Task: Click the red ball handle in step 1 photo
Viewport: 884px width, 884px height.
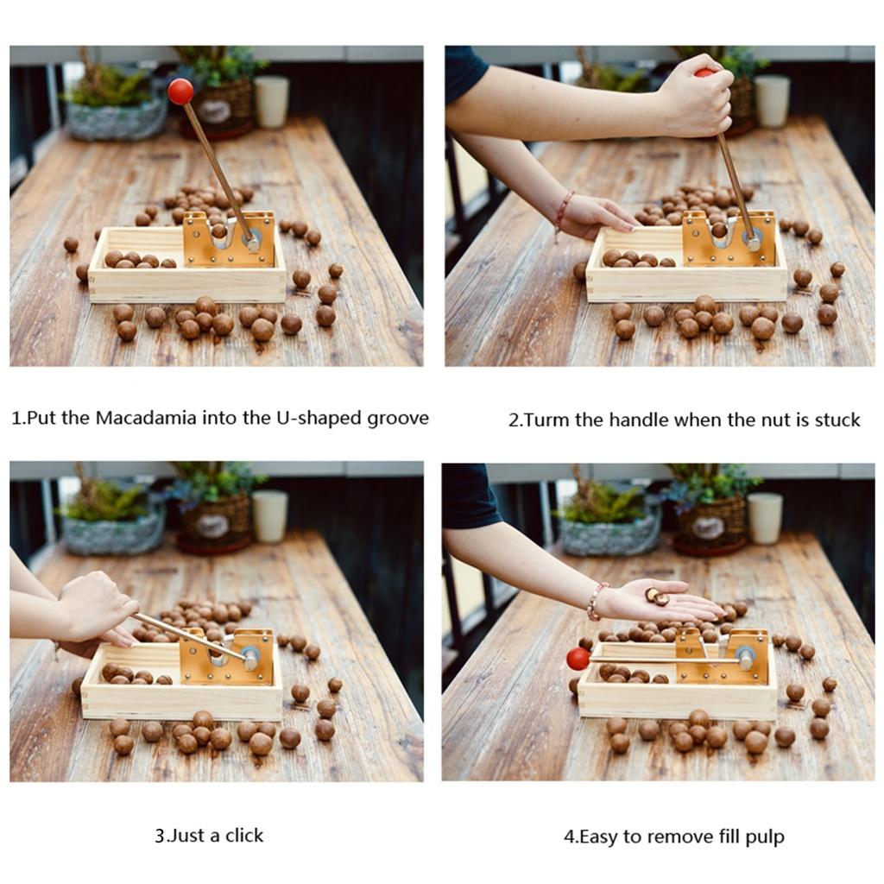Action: point(180,92)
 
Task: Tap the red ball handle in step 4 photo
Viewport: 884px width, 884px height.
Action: point(578,659)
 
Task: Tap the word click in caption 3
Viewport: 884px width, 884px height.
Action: point(244,835)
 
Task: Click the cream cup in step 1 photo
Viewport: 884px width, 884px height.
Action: point(271,102)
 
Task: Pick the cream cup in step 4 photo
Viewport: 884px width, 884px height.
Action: point(765,518)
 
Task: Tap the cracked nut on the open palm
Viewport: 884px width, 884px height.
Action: point(656,596)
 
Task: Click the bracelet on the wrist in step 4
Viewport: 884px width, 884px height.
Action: point(597,601)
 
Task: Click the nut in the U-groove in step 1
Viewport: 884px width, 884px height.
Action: point(218,230)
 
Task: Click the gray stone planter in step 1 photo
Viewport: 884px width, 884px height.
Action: point(115,119)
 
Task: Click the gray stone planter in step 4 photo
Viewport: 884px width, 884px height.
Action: point(610,536)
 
